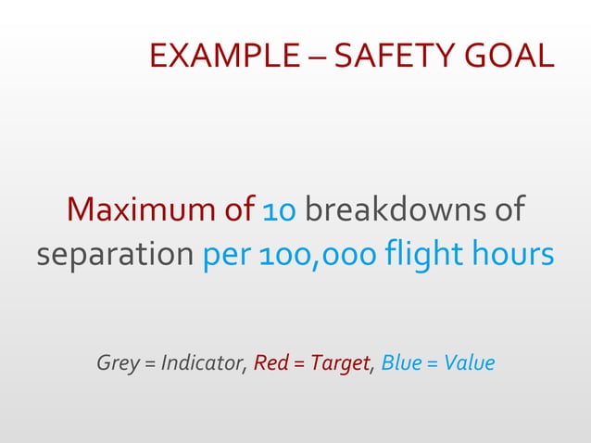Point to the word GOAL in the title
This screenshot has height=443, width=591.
(509, 57)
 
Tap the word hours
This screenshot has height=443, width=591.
(516, 254)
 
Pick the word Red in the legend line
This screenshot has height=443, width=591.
(270, 362)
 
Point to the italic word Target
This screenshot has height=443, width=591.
(339, 362)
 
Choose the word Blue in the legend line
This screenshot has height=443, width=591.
(401, 362)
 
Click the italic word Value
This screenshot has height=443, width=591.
(469, 362)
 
